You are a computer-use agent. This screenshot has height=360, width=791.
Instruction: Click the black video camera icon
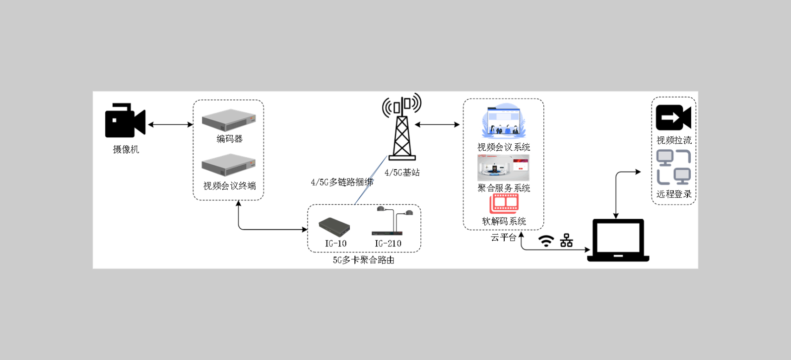[x=124, y=121]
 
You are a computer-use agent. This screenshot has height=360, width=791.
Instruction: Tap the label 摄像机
[x=126, y=149]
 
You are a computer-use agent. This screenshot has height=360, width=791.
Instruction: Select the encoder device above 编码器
[x=229, y=120]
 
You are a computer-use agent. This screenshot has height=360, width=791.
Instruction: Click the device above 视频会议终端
[x=229, y=165]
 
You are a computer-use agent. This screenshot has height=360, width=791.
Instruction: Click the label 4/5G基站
[x=402, y=173]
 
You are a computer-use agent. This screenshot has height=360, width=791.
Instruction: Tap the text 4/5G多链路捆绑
[x=342, y=182]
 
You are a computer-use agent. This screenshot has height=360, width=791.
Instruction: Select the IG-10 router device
[x=334, y=226]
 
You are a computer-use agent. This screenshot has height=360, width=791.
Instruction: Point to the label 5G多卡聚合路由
[x=363, y=260]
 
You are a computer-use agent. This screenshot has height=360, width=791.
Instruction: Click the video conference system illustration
[x=503, y=122]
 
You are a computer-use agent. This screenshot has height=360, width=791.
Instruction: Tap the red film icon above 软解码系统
[x=504, y=203]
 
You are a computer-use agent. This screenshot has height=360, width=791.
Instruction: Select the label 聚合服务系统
[x=503, y=188]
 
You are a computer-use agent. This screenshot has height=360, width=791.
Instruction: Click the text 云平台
[x=503, y=238]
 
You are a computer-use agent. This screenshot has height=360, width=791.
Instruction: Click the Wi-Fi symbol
[x=546, y=241]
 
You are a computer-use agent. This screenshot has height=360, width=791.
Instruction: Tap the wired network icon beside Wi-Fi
[x=566, y=240]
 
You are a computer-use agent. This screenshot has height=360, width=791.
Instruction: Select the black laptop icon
[x=618, y=240]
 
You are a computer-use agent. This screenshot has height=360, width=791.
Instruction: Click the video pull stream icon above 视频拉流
[x=673, y=117]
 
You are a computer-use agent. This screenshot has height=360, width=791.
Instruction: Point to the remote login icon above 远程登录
[x=674, y=167]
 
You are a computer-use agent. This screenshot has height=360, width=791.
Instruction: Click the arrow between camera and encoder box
[x=170, y=124]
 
